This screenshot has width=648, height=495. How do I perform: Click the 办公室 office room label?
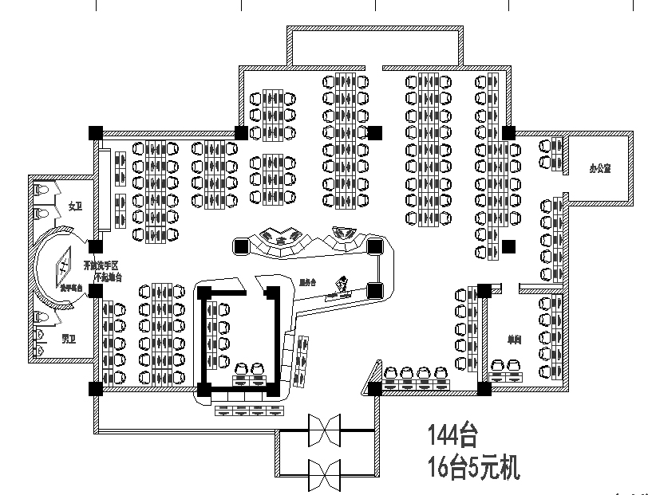click(600, 169)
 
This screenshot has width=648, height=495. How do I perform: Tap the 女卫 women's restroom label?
click(76, 206)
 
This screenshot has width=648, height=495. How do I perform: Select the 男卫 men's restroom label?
click(70, 339)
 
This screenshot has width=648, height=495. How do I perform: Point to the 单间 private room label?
click(514, 339)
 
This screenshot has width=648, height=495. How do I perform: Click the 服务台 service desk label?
click(308, 281)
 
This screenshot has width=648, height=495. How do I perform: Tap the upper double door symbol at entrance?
click(325, 432)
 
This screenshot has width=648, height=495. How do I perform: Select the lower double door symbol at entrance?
click(325, 476)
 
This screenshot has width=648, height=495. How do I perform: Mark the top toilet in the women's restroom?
click(41, 191)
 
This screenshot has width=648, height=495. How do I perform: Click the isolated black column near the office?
click(509, 246)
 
